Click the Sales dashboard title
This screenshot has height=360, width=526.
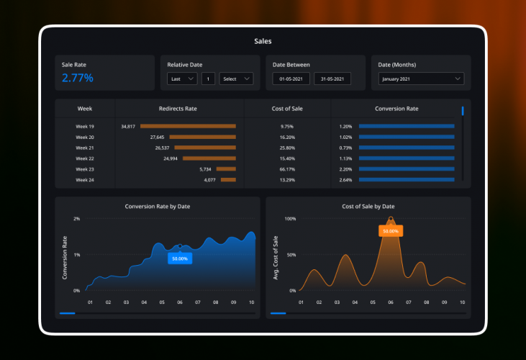click(263, 42)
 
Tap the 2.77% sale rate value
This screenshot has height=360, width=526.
click(77, 78)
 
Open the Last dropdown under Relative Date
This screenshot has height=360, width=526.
click(182, 78)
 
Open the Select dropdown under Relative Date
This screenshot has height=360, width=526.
click(236, 78)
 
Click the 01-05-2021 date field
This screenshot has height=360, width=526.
click(290, 78)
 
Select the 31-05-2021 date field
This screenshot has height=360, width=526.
click(332, 78)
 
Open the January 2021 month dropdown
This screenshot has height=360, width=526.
click(421, 79)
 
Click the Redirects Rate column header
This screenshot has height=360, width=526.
click(178, 109)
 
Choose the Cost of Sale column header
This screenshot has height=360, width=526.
click(287, 109)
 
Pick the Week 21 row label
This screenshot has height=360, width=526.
click(85, 148)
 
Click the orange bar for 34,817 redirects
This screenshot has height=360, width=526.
click(188, 126)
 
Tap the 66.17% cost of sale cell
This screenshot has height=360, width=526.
click(287, 169)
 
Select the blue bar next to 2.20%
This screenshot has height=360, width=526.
click(407, 169)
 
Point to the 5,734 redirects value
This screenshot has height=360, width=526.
click(205, 169)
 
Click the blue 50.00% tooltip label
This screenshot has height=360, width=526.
click(180, 258)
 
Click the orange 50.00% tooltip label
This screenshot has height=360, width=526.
click(391, 231)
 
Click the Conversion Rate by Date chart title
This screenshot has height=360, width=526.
click(158, 207)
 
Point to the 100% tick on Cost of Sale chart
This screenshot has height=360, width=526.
click(290, 218)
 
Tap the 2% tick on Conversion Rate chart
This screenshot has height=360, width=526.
click(76, 218)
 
